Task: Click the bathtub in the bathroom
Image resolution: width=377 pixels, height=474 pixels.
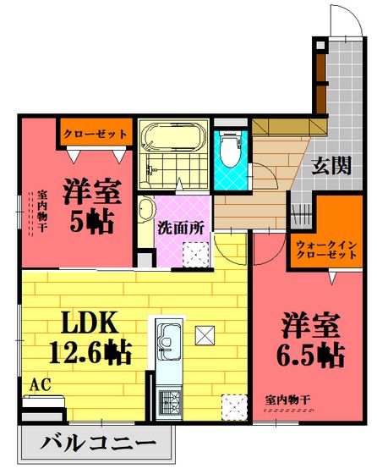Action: (173, 136)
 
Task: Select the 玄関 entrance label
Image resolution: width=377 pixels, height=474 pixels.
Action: (331, 165)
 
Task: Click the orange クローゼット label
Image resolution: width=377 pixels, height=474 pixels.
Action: (96, 134)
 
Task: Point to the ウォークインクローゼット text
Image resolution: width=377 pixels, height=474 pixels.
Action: (326, 250)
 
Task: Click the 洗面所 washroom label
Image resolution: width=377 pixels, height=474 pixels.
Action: (181, 228)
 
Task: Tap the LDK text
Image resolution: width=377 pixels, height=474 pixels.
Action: (90, 322)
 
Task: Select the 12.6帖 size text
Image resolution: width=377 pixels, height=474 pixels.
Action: (90, 352)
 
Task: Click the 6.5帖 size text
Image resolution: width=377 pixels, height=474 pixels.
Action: (310, 355)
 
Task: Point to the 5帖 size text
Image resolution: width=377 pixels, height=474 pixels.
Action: (92, 221)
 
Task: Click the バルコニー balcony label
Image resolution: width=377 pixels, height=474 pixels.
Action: (98, 444)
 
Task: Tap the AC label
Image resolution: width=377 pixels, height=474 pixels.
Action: (40, 385)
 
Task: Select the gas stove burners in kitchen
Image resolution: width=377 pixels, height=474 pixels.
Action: (169, 403)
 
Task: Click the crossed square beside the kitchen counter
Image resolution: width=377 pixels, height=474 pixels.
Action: (205, 335)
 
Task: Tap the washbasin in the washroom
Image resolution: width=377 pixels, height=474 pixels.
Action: (146, 209)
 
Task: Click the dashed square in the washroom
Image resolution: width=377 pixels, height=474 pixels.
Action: (196, 255)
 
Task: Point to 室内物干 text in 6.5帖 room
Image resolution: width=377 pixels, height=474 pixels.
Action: (288, 400)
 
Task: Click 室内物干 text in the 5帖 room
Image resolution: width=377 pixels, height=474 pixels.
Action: (41, 211)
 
